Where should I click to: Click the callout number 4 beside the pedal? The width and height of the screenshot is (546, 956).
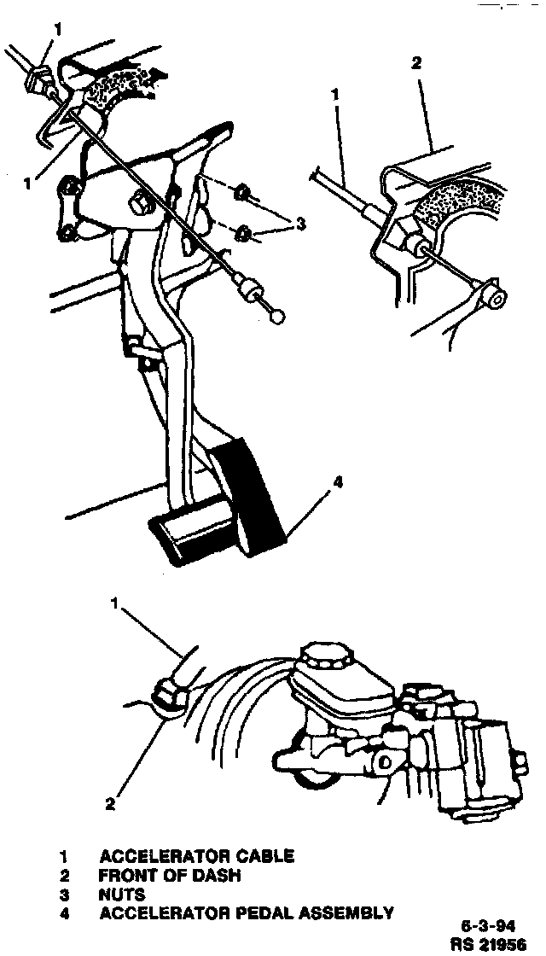[x=339, y=483]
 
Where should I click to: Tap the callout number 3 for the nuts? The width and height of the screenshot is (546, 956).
[x=300, y=224]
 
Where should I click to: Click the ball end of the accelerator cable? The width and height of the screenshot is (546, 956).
[x=276, y=318]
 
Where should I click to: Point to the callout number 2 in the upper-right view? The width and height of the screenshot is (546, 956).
[x=416, y=62]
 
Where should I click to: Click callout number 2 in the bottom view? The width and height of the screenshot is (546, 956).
[x=110, y=802]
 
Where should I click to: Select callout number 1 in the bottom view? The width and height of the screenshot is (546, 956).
[x=116, y=604]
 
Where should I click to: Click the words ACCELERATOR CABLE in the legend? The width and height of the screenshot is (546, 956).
[x=197, y=854]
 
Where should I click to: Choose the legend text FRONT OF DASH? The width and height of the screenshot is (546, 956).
[x=170, y=875]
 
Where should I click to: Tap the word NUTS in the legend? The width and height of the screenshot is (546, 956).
[x=123, y=895]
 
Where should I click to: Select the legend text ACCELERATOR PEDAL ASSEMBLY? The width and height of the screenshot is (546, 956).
[x=247, y=913]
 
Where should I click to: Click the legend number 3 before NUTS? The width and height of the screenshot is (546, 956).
[x=62, y=895]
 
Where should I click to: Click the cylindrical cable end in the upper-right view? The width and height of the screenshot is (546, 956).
[x=496, y=299]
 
